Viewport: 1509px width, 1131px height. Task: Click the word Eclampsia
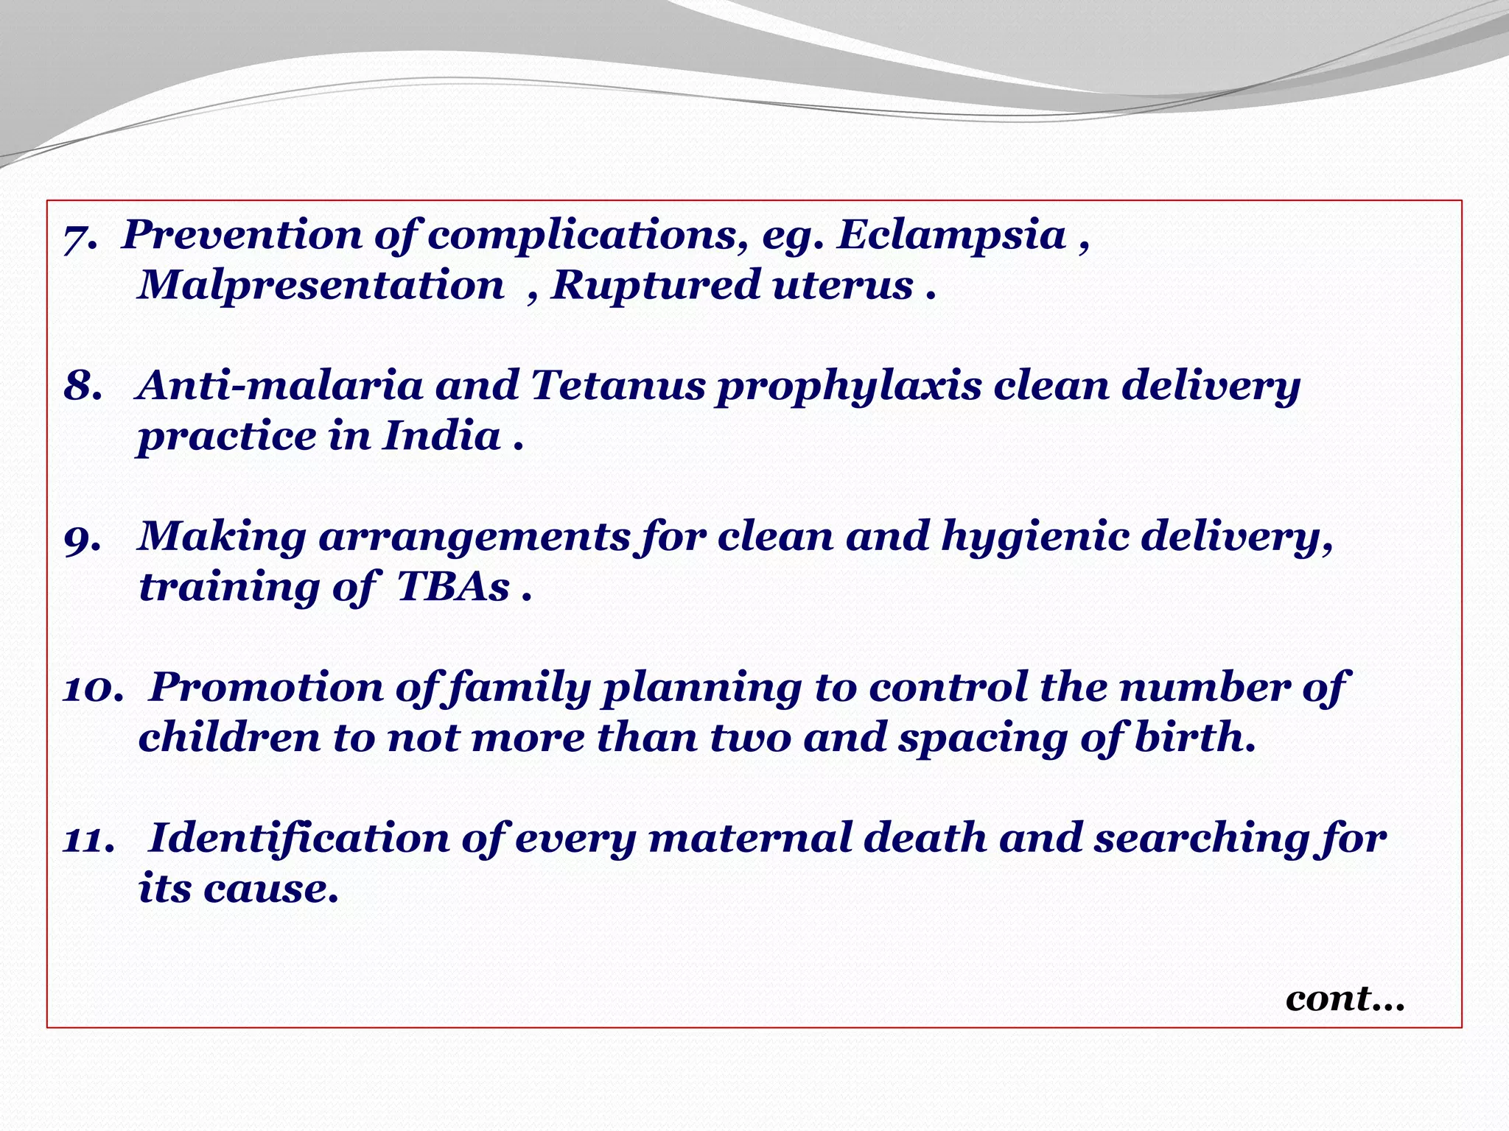coord(952,236)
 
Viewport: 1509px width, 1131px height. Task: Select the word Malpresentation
coord(321,285)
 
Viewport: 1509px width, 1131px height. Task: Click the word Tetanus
coord(617,385)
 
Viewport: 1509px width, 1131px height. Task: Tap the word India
coord(441,436)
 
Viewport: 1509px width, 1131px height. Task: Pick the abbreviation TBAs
coord(453,587)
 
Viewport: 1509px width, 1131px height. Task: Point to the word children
coord(229,737)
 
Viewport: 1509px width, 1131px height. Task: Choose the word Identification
coord(299,839)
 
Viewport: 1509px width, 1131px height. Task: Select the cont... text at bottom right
coord(1345,999)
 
